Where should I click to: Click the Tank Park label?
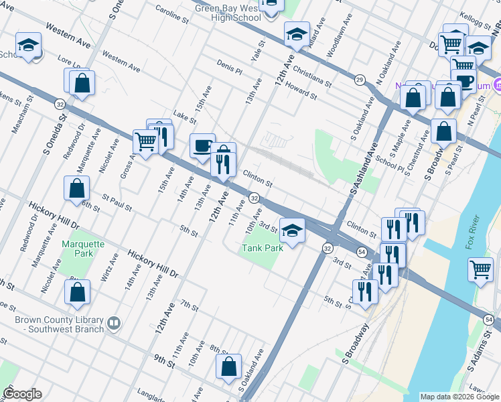[263, 248]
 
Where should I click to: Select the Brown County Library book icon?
[114, 324]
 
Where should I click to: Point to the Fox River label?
[474, 232]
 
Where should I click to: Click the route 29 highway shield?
[360, 80]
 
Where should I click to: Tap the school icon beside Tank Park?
[292, 231]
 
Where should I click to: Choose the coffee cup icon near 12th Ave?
[202, 145]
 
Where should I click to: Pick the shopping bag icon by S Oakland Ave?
[229, 366]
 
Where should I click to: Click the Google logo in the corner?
[22, 394]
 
